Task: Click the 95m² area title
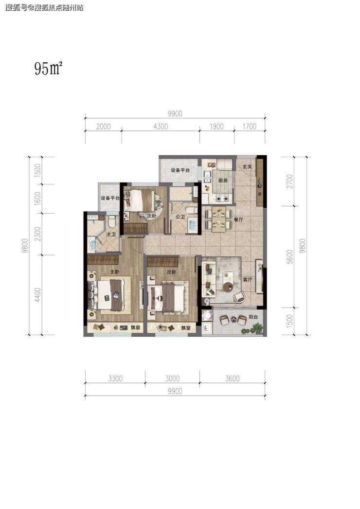tap(48, 69)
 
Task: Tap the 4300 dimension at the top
tap(161, 126)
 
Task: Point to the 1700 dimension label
tap(249, 126)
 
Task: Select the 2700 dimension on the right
tap(289, 181)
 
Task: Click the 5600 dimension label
tap(289, 256)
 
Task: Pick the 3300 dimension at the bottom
tap(115, 379)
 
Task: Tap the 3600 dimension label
tap(232, 379)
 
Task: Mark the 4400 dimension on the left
tap(37, 295)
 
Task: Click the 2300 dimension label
tap(37, 234)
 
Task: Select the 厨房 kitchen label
tap(223, 181)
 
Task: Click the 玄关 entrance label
tap(247, 166)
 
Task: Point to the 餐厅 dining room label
tap(238, 219)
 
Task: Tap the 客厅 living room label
tap(247, 279)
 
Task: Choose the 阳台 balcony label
tap(253, 316)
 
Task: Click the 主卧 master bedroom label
tap(114, 272)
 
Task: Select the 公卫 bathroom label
tap(180, 217)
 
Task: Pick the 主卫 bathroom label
tap(111, 234)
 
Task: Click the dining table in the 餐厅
tap(218, 220)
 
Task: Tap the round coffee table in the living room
tap(228, 287)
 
